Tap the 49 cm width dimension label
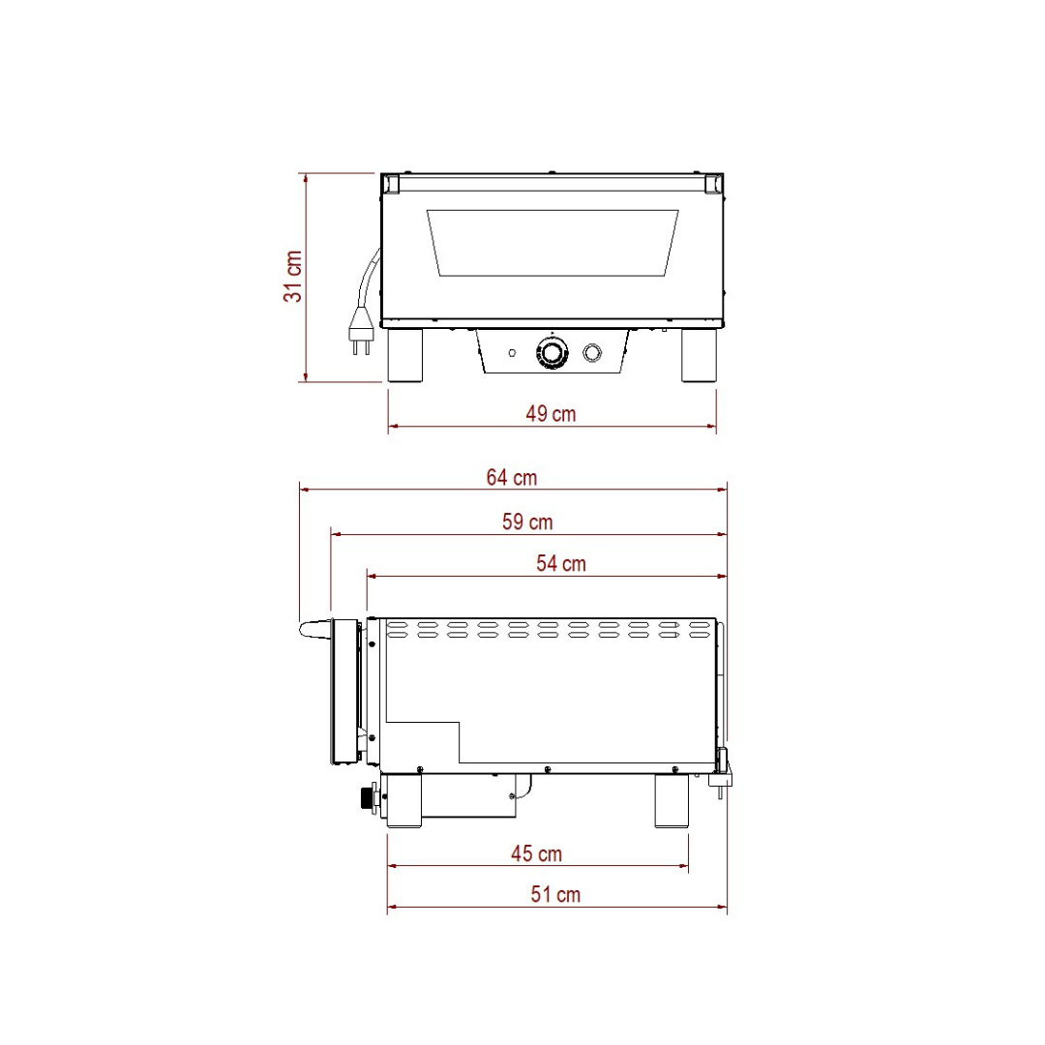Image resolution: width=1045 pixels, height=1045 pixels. pyautogui.click(x=551, y=414)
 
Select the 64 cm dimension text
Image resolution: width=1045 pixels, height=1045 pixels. pyautogui.click(x=512, y=477)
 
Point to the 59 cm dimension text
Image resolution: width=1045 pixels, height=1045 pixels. pyautogui.click(x=527, y=522)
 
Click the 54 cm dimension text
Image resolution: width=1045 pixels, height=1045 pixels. pyautogui.click(x=561, y=563)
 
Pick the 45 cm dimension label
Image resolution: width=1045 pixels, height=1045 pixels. pyautogui.click(x=536, y=853)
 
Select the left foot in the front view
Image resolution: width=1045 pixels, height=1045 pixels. pyautogui.click(x=405, y=355)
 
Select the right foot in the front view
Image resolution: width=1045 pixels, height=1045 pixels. pyautogui.click(x=699, y=355)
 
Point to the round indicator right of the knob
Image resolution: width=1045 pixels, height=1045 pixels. pyautogui.click(x=593, y=352)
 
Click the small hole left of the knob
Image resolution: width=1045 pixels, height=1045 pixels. pyautogui.click(x=512, y=352)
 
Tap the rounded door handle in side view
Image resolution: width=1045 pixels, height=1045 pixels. pyautogui.click(x=314, y=629)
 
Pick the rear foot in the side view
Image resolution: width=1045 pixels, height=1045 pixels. pyautogui.click(x=672, y=801)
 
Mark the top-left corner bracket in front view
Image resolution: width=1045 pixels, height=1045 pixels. pyautogui.click(x=389, y=183)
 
